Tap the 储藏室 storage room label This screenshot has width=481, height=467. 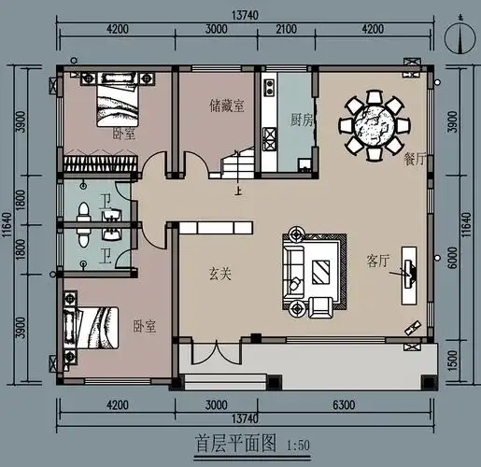[227, 106]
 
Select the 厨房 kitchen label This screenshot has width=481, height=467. [301, 120]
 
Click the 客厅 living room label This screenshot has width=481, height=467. [377, 262]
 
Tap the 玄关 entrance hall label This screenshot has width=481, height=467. [220, 274]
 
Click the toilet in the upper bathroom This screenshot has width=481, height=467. [83, 211]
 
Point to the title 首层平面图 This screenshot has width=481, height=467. [234, 444]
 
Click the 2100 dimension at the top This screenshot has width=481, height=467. [287, 28]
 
